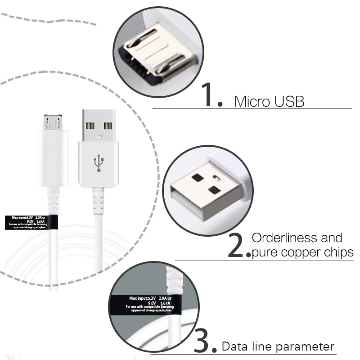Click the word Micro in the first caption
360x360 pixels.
tap(250, 101)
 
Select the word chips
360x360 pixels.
tap(338, 253)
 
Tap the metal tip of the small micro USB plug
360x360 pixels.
tap(53, 122)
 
